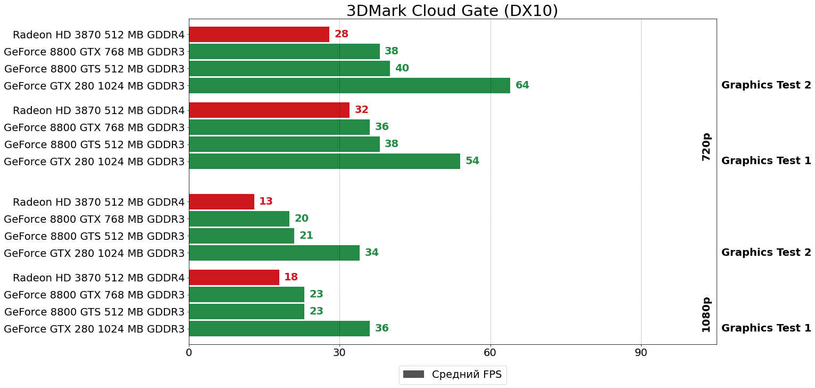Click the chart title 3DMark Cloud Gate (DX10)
coord(452,11)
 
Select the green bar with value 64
coord(349,85)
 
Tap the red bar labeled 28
coord(259,35)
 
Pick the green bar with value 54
coord(324,161)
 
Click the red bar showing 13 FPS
coord(221,202)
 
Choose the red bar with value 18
coord(234,278)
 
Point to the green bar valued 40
coord(289,69)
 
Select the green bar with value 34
coord(274,253)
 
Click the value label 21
coord(306,236)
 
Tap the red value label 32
coord(362,110)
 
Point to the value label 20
coord(302,219)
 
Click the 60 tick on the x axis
coord(490,353)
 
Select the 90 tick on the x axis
coord(641,353)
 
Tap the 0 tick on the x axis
coord(189,353)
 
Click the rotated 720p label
coord(706,147)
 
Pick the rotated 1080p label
coord(706,314)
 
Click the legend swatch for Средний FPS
coord(413,375)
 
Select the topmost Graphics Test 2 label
coord(766,85)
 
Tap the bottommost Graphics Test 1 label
coord(766,328)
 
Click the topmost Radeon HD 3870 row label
coord(98,35)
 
